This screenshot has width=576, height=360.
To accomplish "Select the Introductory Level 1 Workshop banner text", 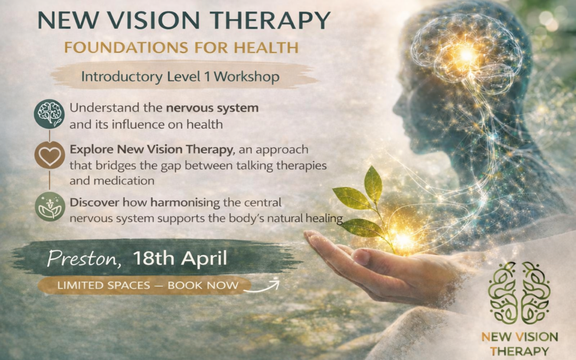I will [180, 77].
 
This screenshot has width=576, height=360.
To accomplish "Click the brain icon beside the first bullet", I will [50, 114].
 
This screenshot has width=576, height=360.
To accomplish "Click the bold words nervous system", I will [212, 108].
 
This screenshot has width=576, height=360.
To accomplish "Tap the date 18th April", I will [180, 259].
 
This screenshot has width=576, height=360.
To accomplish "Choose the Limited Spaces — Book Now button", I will [148, 285].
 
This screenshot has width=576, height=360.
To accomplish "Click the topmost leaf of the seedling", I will [373, 183].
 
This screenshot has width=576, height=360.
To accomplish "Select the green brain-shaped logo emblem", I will [519, 293].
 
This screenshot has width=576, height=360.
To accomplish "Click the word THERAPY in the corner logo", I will [519, 351].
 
